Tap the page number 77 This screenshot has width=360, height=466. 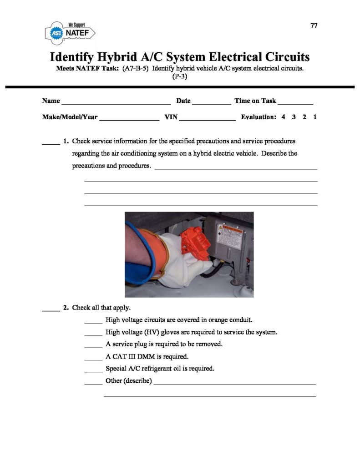(x=314, y=25)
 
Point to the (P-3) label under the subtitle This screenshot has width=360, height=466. (x=180, y=76)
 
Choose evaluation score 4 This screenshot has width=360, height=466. (x=283, y=117)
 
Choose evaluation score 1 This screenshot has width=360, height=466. (x=315, y=117)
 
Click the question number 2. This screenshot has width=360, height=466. (x=66, y=308)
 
